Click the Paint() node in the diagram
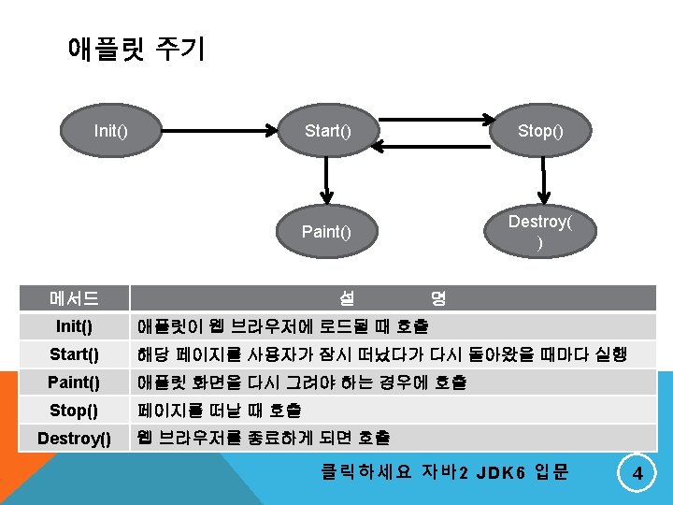pos(326,231)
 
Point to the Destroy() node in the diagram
pos(541,231)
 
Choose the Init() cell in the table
pos(74,327)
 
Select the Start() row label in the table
pos(74,355)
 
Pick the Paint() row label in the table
pos(74,382)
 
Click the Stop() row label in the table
pos(74,411)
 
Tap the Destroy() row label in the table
pos(74,438)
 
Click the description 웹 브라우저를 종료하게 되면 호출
pos(264,438)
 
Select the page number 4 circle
pos(637,474)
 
